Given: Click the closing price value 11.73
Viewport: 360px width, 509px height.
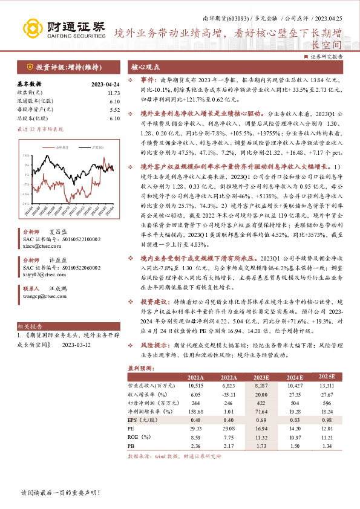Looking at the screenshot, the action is tap(114, 93).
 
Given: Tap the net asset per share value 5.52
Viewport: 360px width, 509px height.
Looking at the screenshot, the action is tap(114, 110).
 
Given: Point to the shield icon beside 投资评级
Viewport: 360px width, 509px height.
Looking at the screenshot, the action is tap(29, 67).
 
